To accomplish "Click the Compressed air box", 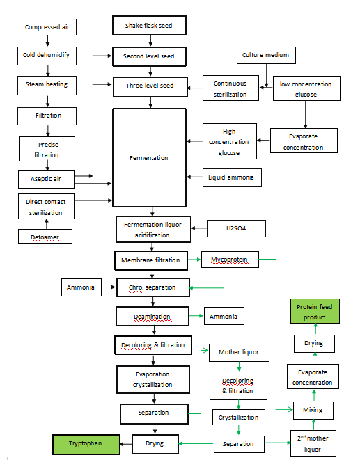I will tap(47, 28).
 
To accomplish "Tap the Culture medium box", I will tap(266, 55).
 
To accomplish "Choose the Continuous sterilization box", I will tap(230, 89).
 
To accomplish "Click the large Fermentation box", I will tap(149, 158).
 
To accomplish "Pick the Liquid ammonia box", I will tap(231, 177).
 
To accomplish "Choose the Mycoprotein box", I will tap(229, 260).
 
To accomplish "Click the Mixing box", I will tap(313, 410).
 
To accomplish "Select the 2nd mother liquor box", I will tap(313, 443).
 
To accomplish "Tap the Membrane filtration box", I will tap(152, 260).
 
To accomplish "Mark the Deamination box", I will tap(152, 317).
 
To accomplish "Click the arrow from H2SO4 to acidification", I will tap(198, 228).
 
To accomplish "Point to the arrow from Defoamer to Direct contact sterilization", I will tap(47, 223).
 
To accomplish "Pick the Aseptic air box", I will tap(47, 179).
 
